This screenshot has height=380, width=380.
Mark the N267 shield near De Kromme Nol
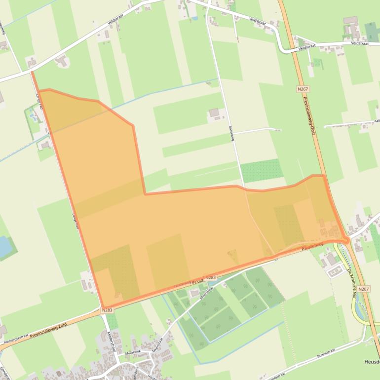pos(363,289)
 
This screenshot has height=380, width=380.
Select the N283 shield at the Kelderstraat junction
pos(108,310)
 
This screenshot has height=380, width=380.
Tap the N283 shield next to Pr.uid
pos(210,277)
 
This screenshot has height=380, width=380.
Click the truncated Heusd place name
pos(372,362)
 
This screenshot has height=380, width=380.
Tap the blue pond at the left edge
pos(5,246)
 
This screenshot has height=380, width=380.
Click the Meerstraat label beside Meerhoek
pos(157,342)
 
